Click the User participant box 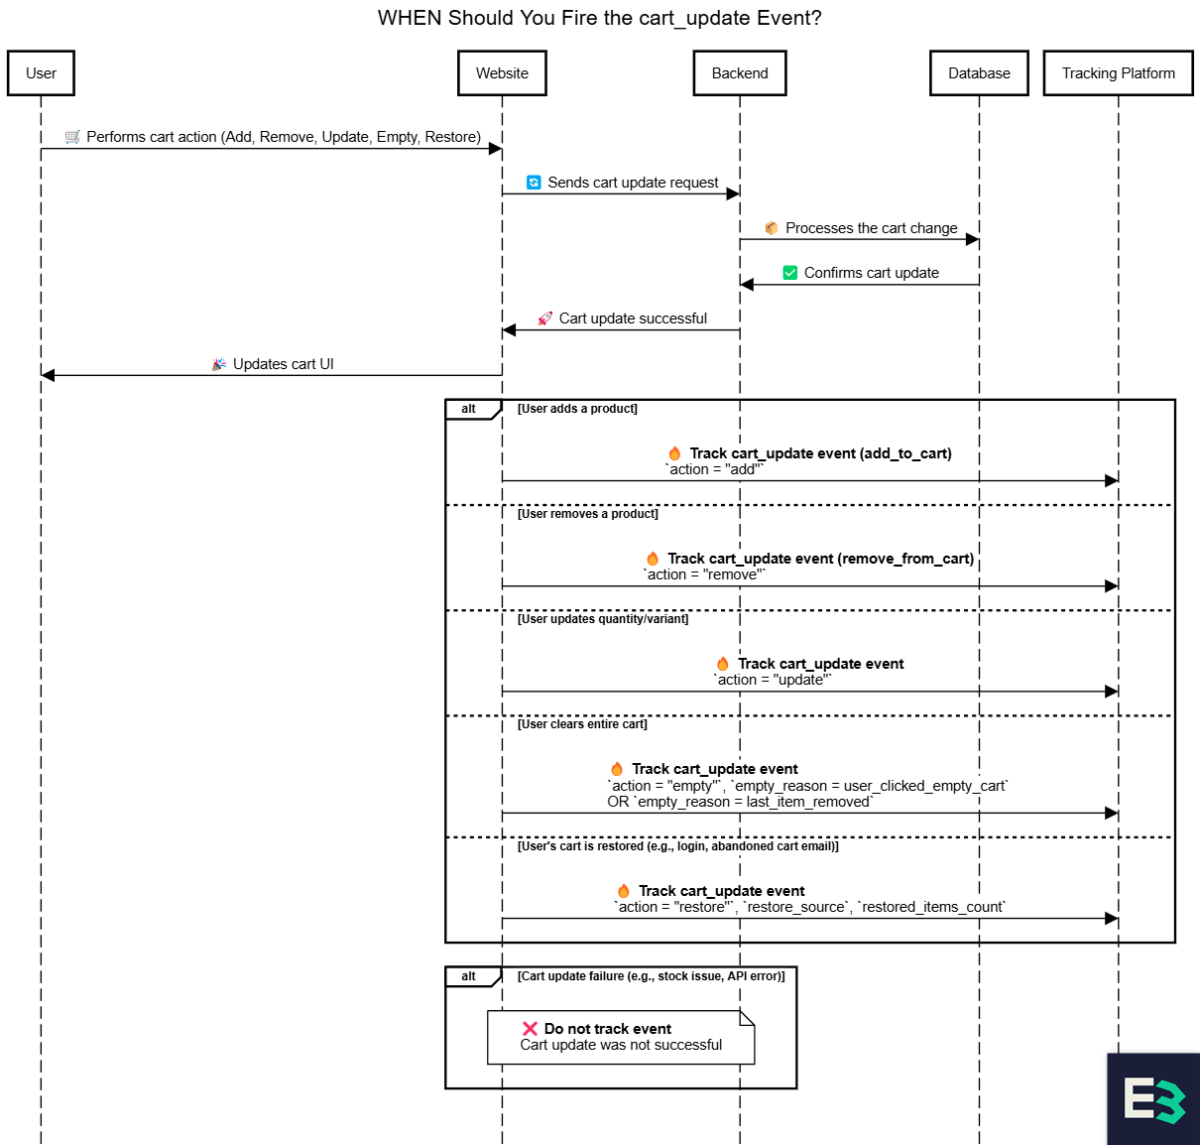point(41,73)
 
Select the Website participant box point(502,73)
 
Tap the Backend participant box point(740,73)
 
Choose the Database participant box point(979,73)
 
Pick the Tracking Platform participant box point(1118,73)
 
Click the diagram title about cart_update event point(599,18)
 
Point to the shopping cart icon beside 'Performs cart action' point(72,137)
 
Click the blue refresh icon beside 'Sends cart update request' point(534,183)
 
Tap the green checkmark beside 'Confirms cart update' point(790,273)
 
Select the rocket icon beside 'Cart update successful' point(545,318)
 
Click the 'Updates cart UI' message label point(283,364)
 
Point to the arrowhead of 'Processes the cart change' point(973,239)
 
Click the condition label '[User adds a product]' point(577,409)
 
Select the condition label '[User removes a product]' point(588,514)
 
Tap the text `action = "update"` point(773,681)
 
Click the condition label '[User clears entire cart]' point(582,724)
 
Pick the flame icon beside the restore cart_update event point(624,891)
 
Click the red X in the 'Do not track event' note point(530,1029)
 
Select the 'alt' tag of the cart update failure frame point(468,976)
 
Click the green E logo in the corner point(1153,1100)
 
